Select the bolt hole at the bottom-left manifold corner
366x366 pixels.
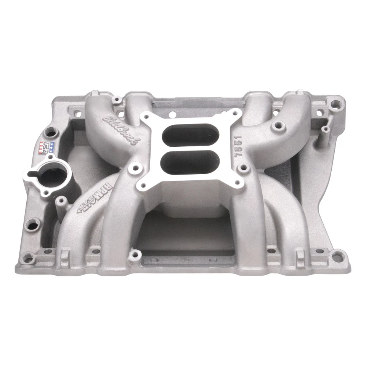point(28,257)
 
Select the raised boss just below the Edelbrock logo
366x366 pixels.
point(134,167)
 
